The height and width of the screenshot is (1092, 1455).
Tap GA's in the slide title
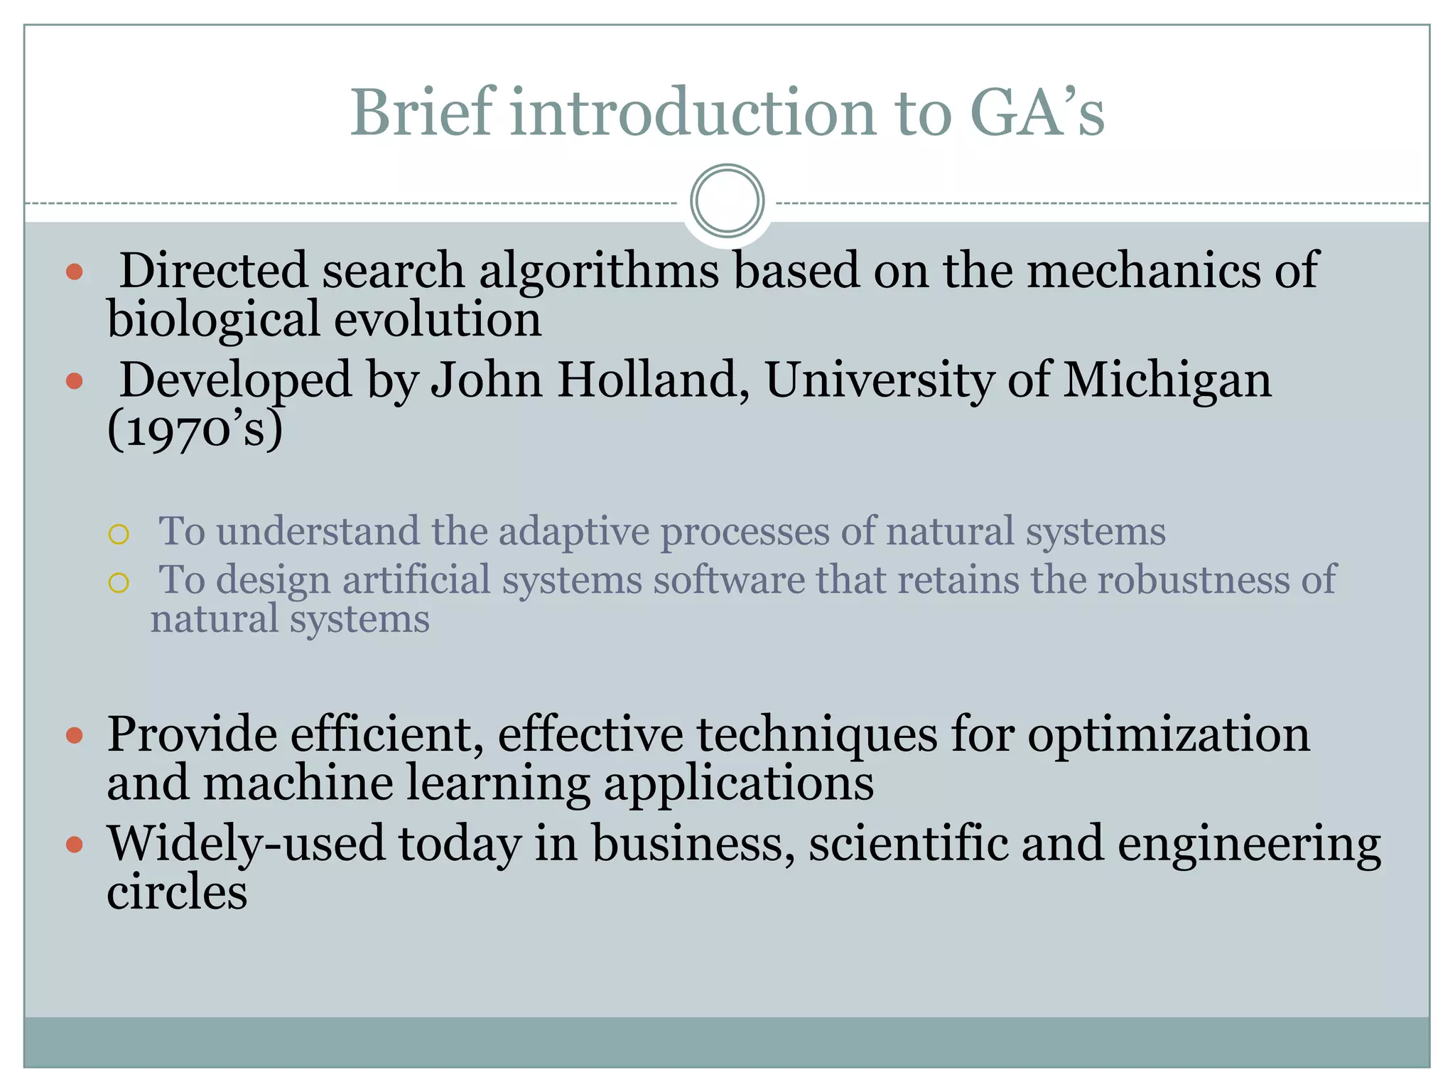(x=1037, y=112)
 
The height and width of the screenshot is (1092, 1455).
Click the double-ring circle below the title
(x=727, y=200)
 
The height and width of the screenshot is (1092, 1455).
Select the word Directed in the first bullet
(x=214, y=271)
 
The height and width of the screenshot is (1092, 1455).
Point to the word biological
(x=213, y=319)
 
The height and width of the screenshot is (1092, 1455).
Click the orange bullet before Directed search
(x=75, y=272)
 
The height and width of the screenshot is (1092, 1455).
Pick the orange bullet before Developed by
(x=75, y=382)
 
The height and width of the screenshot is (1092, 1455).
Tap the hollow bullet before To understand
(x=119, y=534)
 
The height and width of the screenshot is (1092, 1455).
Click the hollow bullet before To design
(x=119, y=583)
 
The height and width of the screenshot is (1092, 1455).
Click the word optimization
(x=1168, y=734)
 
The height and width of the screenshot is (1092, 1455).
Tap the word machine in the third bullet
(x=298, y=783)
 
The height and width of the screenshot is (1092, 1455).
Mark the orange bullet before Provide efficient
(x=75, y=735)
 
